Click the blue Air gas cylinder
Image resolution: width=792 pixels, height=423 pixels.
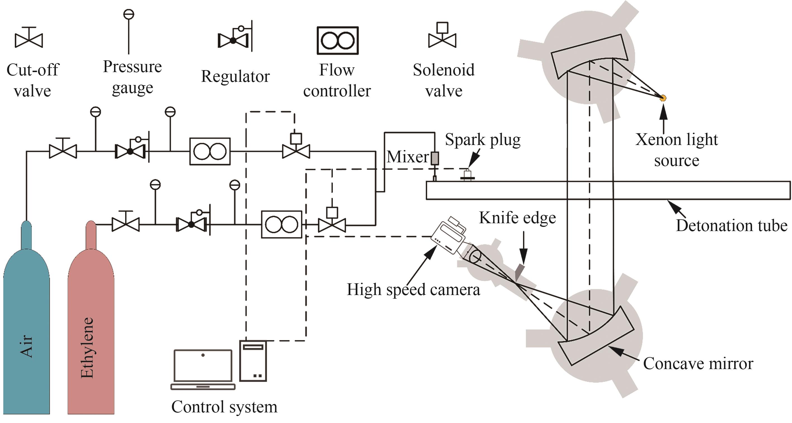point(27,323)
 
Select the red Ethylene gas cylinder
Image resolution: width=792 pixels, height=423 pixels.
point(91,323)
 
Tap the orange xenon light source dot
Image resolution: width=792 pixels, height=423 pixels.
point(663,98)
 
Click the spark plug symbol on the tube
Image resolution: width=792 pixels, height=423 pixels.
point(468,174)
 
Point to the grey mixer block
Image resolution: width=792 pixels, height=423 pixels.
point(435,159)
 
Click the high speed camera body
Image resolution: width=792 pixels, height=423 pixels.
point(449,235)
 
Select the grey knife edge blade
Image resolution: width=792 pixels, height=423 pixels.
point(520,272)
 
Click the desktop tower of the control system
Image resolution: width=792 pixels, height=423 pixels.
point(253,361)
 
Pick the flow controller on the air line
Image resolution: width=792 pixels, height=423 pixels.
point(210,151)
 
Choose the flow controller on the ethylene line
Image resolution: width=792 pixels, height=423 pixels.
point(282,224)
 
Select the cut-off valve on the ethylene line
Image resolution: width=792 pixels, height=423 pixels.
point(125,221)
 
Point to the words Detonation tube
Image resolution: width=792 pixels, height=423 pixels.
point(731,225)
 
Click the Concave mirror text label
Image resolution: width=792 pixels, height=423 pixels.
point(698,363)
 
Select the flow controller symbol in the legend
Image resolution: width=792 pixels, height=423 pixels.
point(337,41)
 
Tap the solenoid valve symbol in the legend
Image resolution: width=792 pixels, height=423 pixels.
point(442,35)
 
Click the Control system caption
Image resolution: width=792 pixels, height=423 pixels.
point(224,407)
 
